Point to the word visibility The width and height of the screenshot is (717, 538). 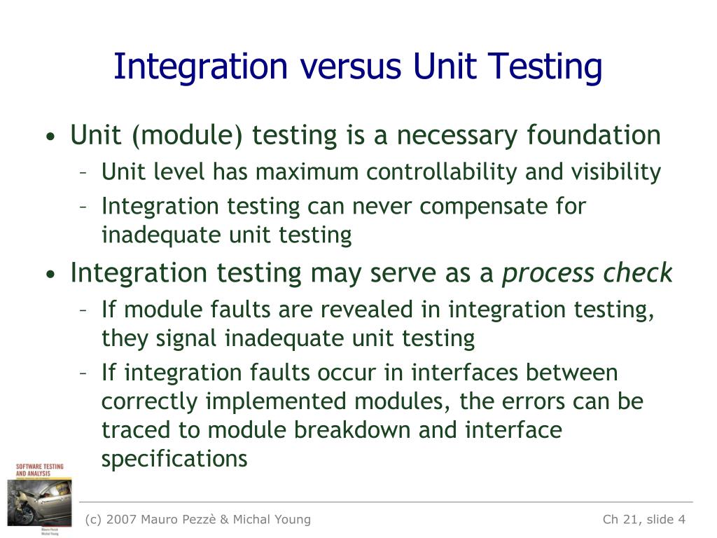[x=616, y=172]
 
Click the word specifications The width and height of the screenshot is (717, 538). [x=174, y=459]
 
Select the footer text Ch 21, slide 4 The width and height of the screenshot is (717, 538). [x=644, y=519]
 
